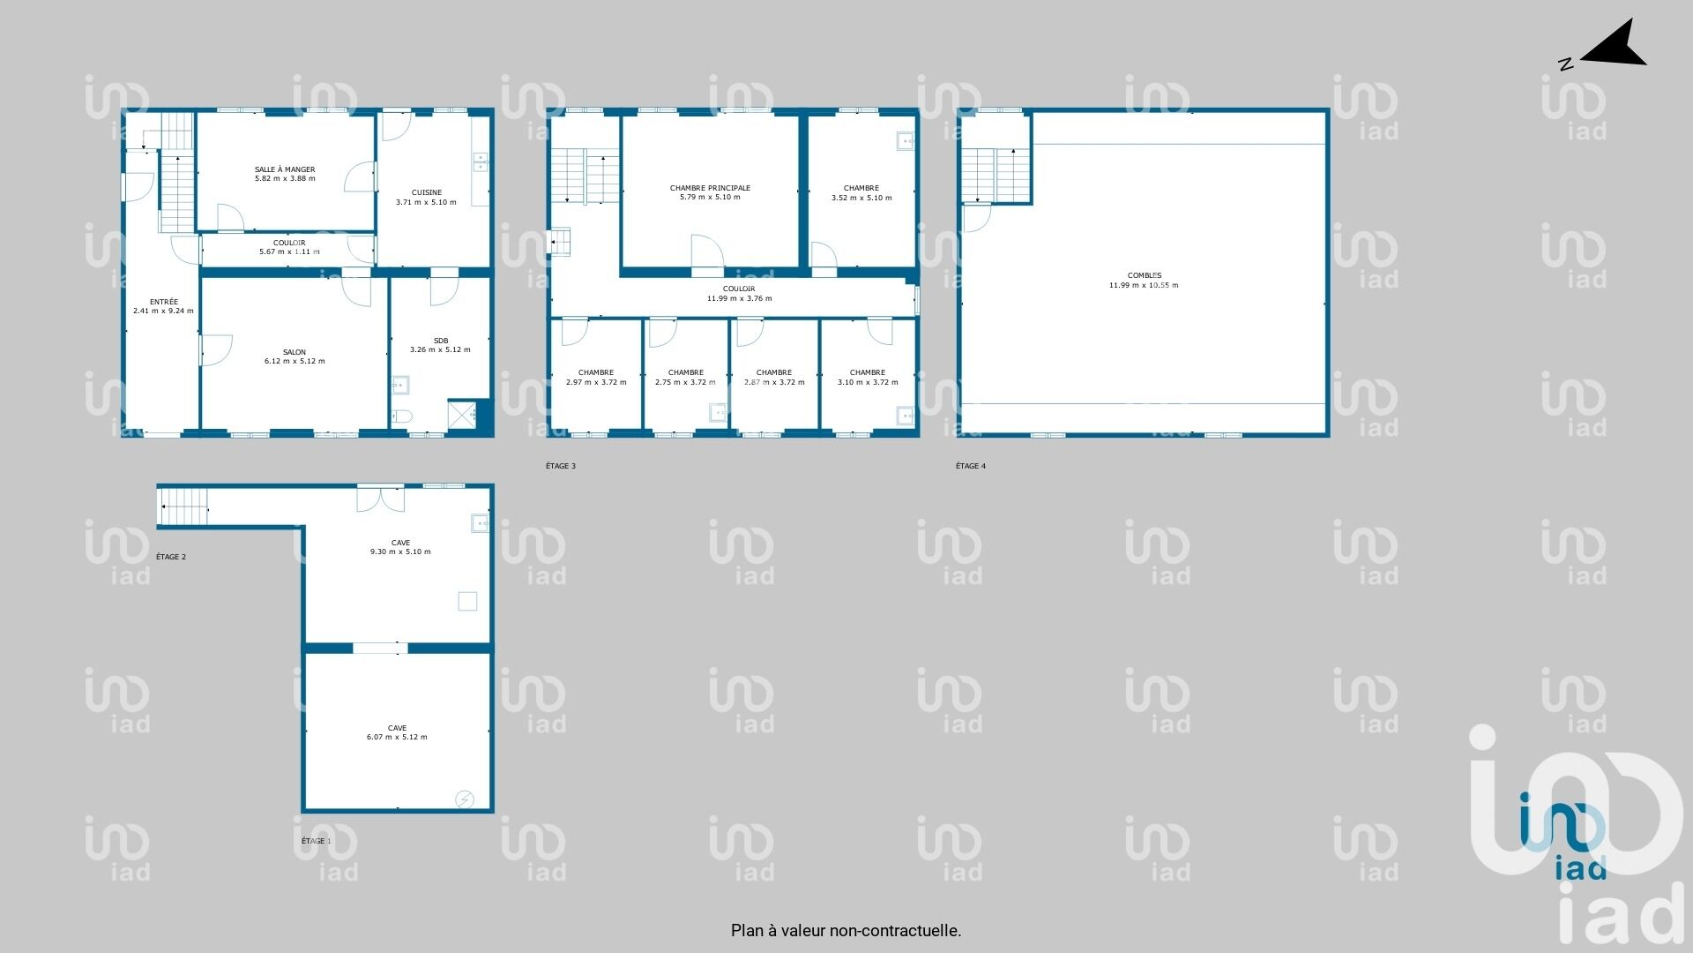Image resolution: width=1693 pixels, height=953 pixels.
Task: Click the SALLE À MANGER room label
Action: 285,169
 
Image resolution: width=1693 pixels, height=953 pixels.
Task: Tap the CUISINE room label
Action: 427,192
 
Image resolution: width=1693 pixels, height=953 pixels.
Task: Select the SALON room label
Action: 295,352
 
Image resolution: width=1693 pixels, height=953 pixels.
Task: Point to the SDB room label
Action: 441,341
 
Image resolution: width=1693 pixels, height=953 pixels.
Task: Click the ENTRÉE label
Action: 164,302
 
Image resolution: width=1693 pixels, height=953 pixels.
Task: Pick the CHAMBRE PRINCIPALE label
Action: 710,188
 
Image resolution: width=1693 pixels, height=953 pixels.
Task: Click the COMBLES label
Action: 1144,275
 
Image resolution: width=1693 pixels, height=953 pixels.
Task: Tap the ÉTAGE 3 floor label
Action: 561,466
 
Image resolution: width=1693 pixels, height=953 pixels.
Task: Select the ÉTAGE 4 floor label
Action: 971,466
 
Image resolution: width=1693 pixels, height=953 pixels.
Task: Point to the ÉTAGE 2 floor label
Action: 171,557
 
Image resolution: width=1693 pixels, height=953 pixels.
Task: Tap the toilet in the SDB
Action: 402,416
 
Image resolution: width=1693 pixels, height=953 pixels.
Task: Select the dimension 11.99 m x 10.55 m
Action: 1144,285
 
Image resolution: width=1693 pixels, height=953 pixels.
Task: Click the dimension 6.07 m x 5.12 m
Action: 397,737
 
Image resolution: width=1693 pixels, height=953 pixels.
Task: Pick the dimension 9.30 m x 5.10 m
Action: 400,552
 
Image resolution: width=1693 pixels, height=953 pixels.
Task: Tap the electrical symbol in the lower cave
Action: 465,799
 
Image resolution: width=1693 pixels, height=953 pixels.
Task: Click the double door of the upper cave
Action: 381,499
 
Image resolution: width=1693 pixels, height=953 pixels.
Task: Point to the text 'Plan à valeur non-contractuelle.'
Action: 846,930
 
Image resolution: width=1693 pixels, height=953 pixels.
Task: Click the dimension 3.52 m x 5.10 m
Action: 861,198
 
